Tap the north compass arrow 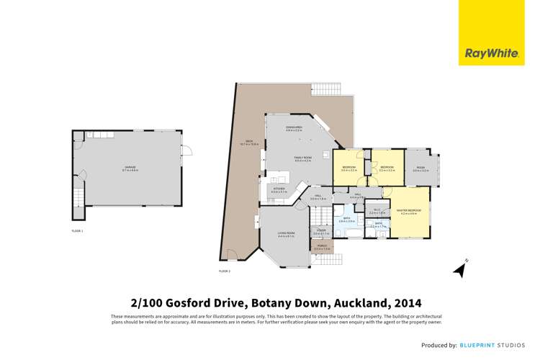click(x=459, y=269)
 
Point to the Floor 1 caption click(x=77, y=230)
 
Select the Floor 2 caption click(x=224, y=271)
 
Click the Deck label click(x=248, y=145)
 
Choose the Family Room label click(x=302, y=159)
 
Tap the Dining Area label click(x=294, y=129)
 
